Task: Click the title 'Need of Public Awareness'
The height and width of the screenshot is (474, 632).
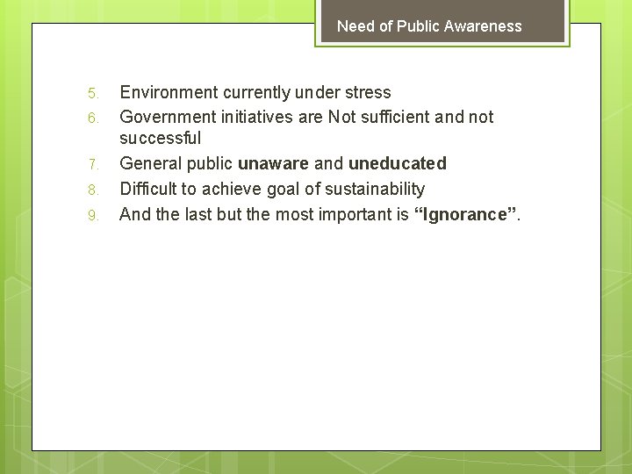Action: (429, 26)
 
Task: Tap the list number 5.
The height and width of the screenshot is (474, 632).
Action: (95, 93)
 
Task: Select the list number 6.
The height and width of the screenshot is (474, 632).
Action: (95, 118)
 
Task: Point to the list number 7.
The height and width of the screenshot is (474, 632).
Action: (95, 164)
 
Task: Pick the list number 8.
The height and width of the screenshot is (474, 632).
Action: (95, 190)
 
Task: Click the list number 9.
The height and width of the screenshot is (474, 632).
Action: (95, 215)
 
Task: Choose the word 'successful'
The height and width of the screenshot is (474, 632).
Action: (160, 138)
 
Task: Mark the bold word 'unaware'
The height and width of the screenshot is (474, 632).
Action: (273, 163)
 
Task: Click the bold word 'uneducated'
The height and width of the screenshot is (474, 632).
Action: (397, 163)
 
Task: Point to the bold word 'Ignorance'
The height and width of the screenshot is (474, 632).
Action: (465, 214)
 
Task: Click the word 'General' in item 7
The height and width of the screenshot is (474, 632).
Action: (150, 163)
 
